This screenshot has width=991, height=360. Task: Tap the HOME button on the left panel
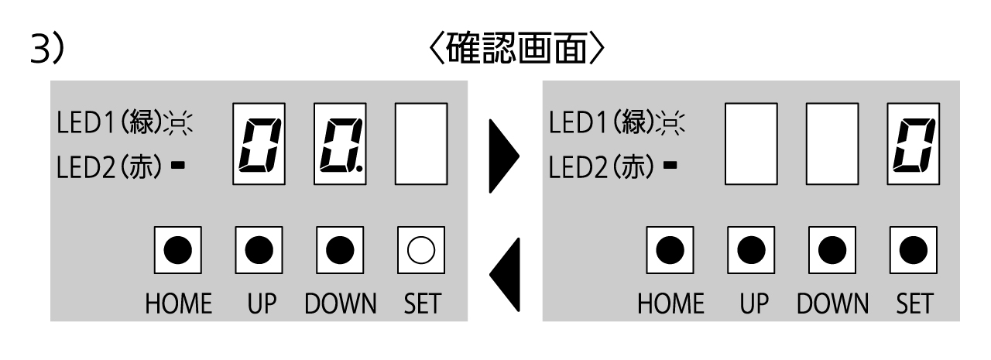point(178,249)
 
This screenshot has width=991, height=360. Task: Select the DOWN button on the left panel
point(340,249)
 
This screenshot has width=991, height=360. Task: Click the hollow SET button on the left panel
point(421,249)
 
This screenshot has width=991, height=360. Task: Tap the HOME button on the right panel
point(670,249)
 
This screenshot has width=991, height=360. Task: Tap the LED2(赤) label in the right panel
point(601,167)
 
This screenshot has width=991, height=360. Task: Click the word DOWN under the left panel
point(340,304)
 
